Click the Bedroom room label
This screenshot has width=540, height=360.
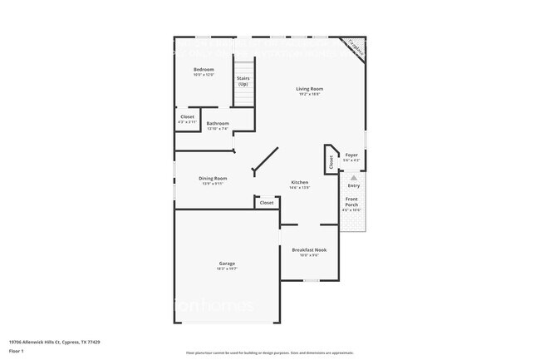click(x=204, y=69)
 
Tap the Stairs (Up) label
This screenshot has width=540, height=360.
click(x=243, y=81)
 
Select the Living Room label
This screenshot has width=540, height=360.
click(x=310, y=89)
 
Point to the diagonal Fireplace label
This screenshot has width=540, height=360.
click(x=355, y=49)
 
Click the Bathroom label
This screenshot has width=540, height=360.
click(x=218, y=123)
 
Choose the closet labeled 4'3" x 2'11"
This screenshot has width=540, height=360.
click(x=187, y=119)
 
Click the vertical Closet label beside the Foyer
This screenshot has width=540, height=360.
click(x=331, y=162)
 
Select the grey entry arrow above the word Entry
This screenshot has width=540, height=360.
click(x=353, y=177)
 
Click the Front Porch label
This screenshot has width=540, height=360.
click(x=353, y=200)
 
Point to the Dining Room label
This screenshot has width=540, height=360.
click(x=213, y=178)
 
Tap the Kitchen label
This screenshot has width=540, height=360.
click(x=299, y=182)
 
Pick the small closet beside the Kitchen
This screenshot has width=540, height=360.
click(x=266, y=203)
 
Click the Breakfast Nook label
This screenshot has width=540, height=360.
click(x=309, y=249)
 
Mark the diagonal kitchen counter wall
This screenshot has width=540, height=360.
click(x=266, y=160)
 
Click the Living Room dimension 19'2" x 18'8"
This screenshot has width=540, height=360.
click(x=310, y=94)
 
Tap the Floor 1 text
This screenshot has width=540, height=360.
click(x=17, y=349)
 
